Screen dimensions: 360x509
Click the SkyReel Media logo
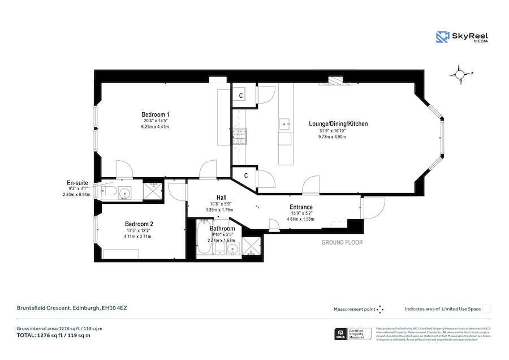462,37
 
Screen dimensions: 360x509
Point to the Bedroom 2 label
139,224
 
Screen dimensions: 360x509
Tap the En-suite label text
77,183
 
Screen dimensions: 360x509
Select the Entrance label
301,207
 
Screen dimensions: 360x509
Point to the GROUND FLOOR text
342,242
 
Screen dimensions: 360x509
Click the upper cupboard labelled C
241,95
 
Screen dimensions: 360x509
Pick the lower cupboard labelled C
245,176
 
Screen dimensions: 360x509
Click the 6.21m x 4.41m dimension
155,127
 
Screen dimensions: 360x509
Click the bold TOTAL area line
54,336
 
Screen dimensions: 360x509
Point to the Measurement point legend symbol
380,309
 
